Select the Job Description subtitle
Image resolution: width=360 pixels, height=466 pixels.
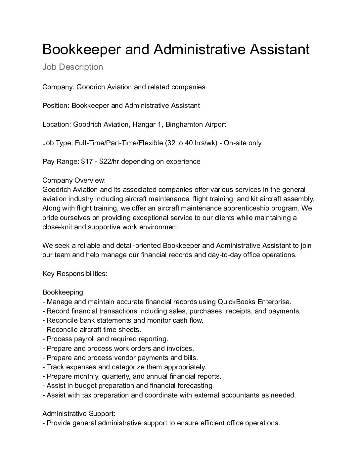[x=72, y=67]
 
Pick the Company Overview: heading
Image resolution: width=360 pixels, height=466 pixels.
[x=74, y=180]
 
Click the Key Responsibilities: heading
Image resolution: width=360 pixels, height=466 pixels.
[x=75, y=274]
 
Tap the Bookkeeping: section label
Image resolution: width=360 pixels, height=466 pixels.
[x=64, y=292]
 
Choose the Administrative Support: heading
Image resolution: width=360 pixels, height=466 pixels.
[x=79, y=414]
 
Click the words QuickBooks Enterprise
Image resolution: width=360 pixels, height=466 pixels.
[x=254, y=302]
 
